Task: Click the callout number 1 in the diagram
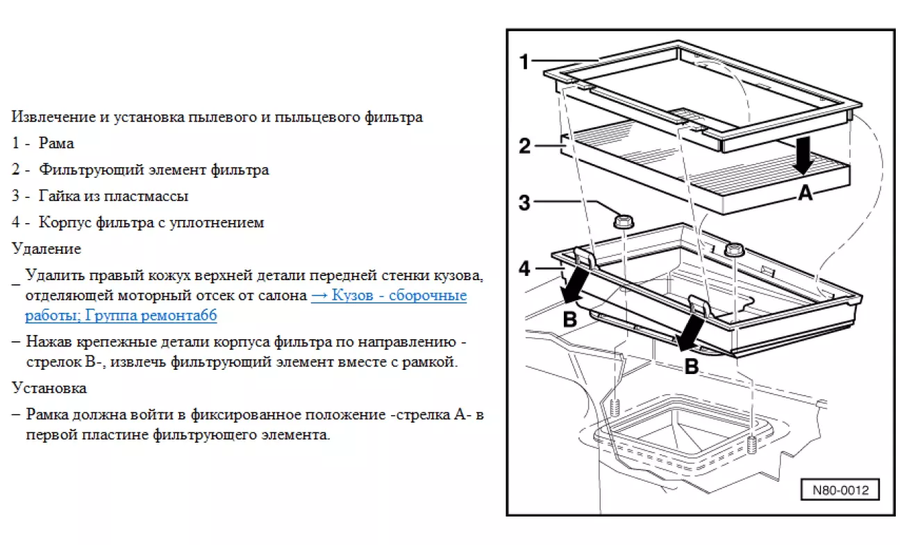click(525, 63)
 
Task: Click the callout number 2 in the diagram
click(525, 146)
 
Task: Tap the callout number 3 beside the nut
click(525, 203)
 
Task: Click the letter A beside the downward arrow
click(805, 194)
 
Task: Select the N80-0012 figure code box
click(840, 489)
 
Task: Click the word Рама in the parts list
click(56, 143)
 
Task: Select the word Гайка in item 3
click(57, 196)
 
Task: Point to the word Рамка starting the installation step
click(48, 415)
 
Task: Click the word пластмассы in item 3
click(153, 196)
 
